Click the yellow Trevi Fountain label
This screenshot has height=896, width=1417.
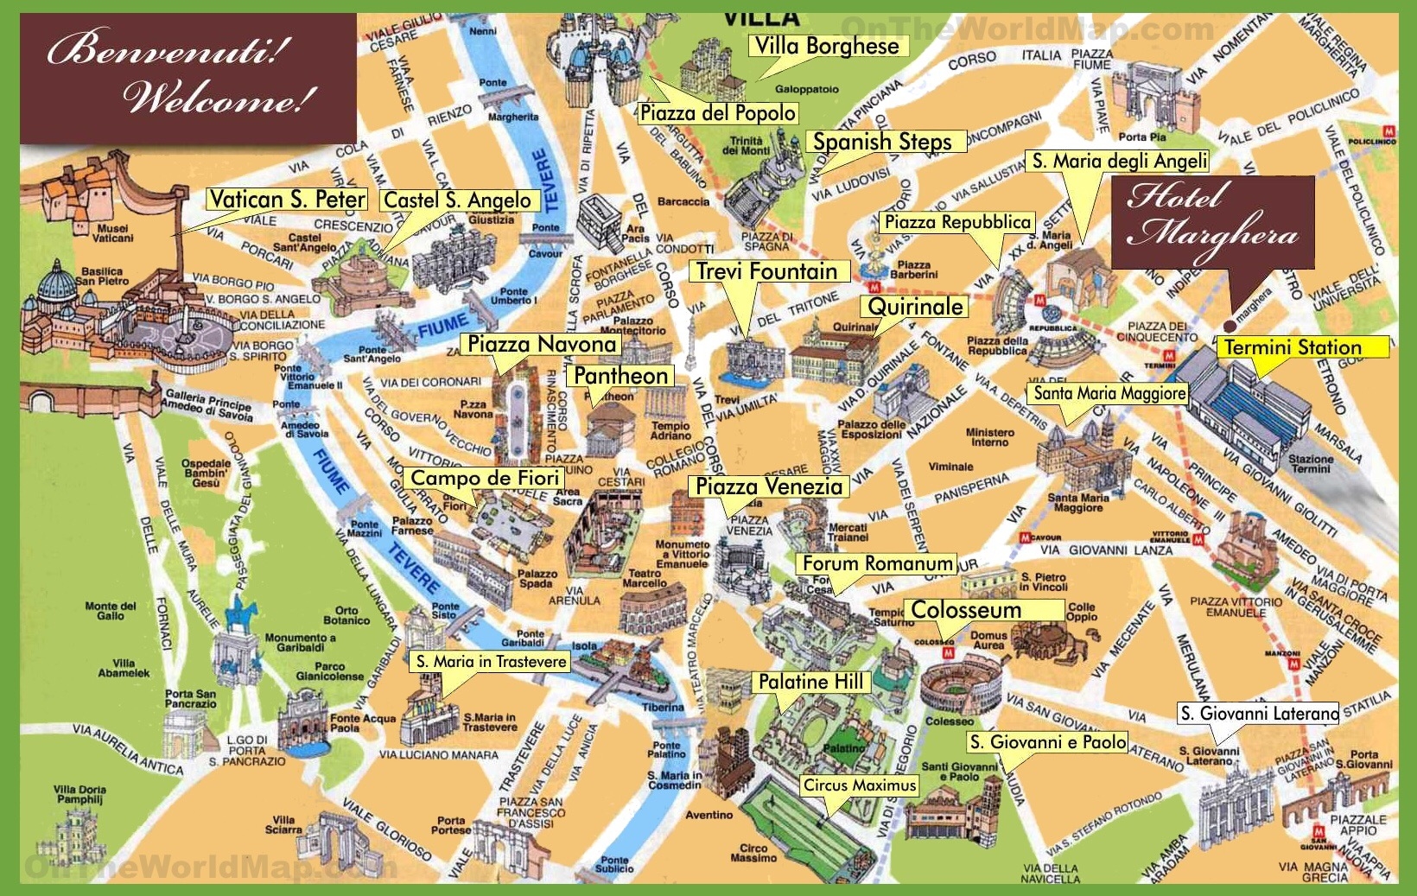coord(767,271)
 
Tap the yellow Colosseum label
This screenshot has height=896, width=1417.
coord(966,610)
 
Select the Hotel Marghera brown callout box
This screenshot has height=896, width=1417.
coord(1212,222)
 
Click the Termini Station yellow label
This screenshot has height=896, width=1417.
coord(1293,347)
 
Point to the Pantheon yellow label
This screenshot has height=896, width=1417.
coord(620,376)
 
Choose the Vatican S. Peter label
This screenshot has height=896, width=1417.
coord(287,200)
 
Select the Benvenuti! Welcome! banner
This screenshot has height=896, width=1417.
coord(187,78)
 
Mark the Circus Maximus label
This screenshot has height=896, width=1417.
coord(859,785)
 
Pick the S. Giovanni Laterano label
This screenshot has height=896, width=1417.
coord(1258,713)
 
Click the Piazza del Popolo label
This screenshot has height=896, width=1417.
coord(717,112)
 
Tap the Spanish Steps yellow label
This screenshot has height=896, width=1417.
coord(882,142)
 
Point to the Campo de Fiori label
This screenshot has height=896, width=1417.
coord(484,478)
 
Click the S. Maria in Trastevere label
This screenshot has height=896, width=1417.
coord(491,661)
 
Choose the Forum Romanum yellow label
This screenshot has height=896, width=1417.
coord(876,563)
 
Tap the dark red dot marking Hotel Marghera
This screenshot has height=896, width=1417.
coord(1229,326)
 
